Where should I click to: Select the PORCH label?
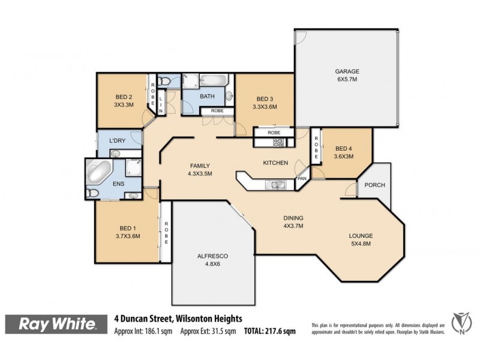(x=375, y=185)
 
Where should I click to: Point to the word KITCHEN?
(x=276, y=163)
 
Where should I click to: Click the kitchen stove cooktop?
(x=278, y=143)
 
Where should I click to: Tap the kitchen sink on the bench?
(x=277, y=184)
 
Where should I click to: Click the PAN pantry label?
(x=301, y=179)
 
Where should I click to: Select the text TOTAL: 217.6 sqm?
(x=269, y=331)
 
